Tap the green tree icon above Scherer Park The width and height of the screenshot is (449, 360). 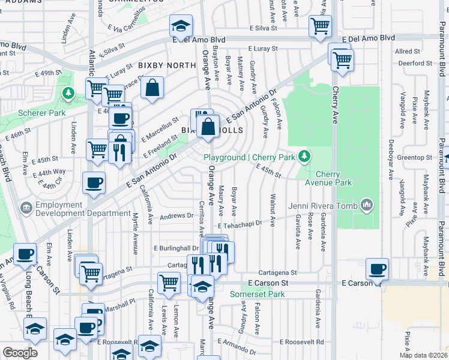68,93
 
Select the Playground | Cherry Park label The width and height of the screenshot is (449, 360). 250,157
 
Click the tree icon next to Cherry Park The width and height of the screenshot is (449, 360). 306,157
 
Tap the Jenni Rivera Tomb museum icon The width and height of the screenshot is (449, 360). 366,206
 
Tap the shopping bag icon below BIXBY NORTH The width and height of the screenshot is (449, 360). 153,88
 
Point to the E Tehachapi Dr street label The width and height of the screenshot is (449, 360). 240,224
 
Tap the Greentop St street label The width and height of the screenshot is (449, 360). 415,158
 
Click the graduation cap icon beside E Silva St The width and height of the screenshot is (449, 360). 180,26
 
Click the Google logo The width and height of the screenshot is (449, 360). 20,352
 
